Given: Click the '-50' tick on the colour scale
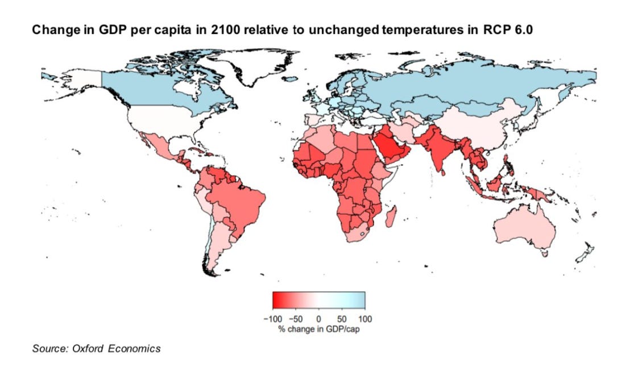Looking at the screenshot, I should tap(297, 319).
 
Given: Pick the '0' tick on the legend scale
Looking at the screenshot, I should tap(319, 319).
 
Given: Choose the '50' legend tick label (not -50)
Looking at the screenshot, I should tap(342, 319).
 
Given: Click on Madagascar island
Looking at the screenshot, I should tap(391, 216).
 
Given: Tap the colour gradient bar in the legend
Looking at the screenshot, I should tap(318, 299).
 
